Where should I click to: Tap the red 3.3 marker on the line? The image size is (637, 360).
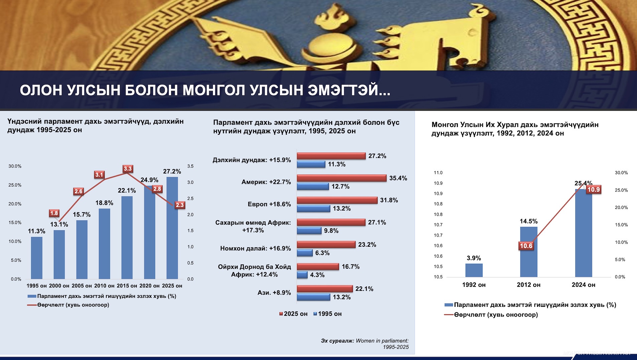(128, 169)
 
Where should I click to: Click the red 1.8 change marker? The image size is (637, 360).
(54, 213)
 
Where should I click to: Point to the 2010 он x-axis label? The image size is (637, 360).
(104, 286)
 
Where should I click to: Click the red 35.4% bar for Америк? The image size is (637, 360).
(342, 178)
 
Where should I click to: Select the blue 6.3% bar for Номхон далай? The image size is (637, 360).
(305, 253)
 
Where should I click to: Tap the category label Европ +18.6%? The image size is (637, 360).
(269, 204)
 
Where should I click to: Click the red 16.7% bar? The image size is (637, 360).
(318, 267)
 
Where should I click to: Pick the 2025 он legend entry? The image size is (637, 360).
(293, 314)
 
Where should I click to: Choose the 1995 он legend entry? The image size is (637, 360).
(328, 314)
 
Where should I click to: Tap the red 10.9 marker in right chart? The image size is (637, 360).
(594, 190)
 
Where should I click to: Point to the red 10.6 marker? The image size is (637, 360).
(526, 246)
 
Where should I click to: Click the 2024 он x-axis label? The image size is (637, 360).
(583, 285)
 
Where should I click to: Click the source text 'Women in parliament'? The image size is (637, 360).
(382, 341)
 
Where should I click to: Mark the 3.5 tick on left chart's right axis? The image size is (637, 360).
(190, 166)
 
